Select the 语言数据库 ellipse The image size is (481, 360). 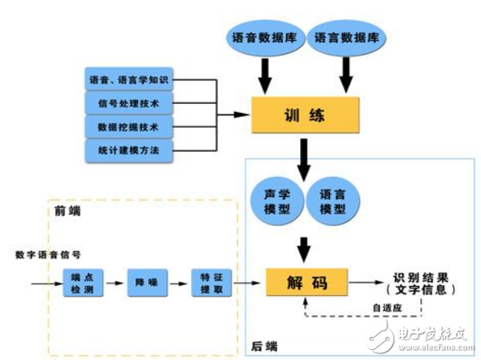(347, 37)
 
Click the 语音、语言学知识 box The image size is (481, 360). (129, 79)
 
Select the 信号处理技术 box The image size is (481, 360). (129, 103)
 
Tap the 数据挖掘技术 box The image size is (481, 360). (129, 125)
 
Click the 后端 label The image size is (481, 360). (265, 344)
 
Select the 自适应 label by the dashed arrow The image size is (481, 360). (387, 308)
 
